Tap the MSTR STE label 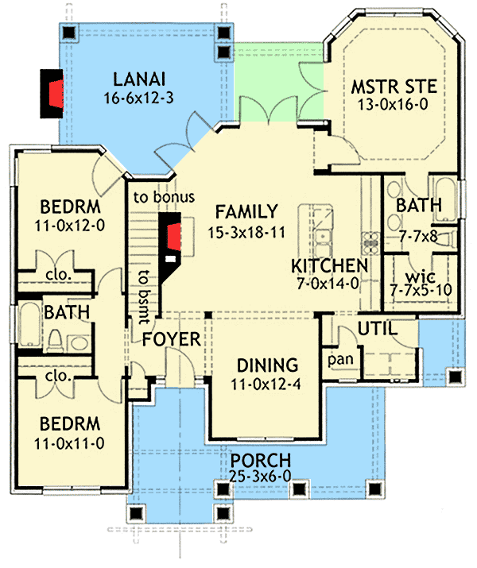(394, 86)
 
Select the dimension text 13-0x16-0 (394, 104)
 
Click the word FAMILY (246, 212)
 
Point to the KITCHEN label (329, 266)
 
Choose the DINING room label (266, 366)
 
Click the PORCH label (261, 462)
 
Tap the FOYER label (171, 341)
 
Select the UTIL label (377, 327)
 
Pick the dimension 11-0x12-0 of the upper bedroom (72, 226)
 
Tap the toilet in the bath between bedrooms (55, 340)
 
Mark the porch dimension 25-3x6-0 (261, 478)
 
